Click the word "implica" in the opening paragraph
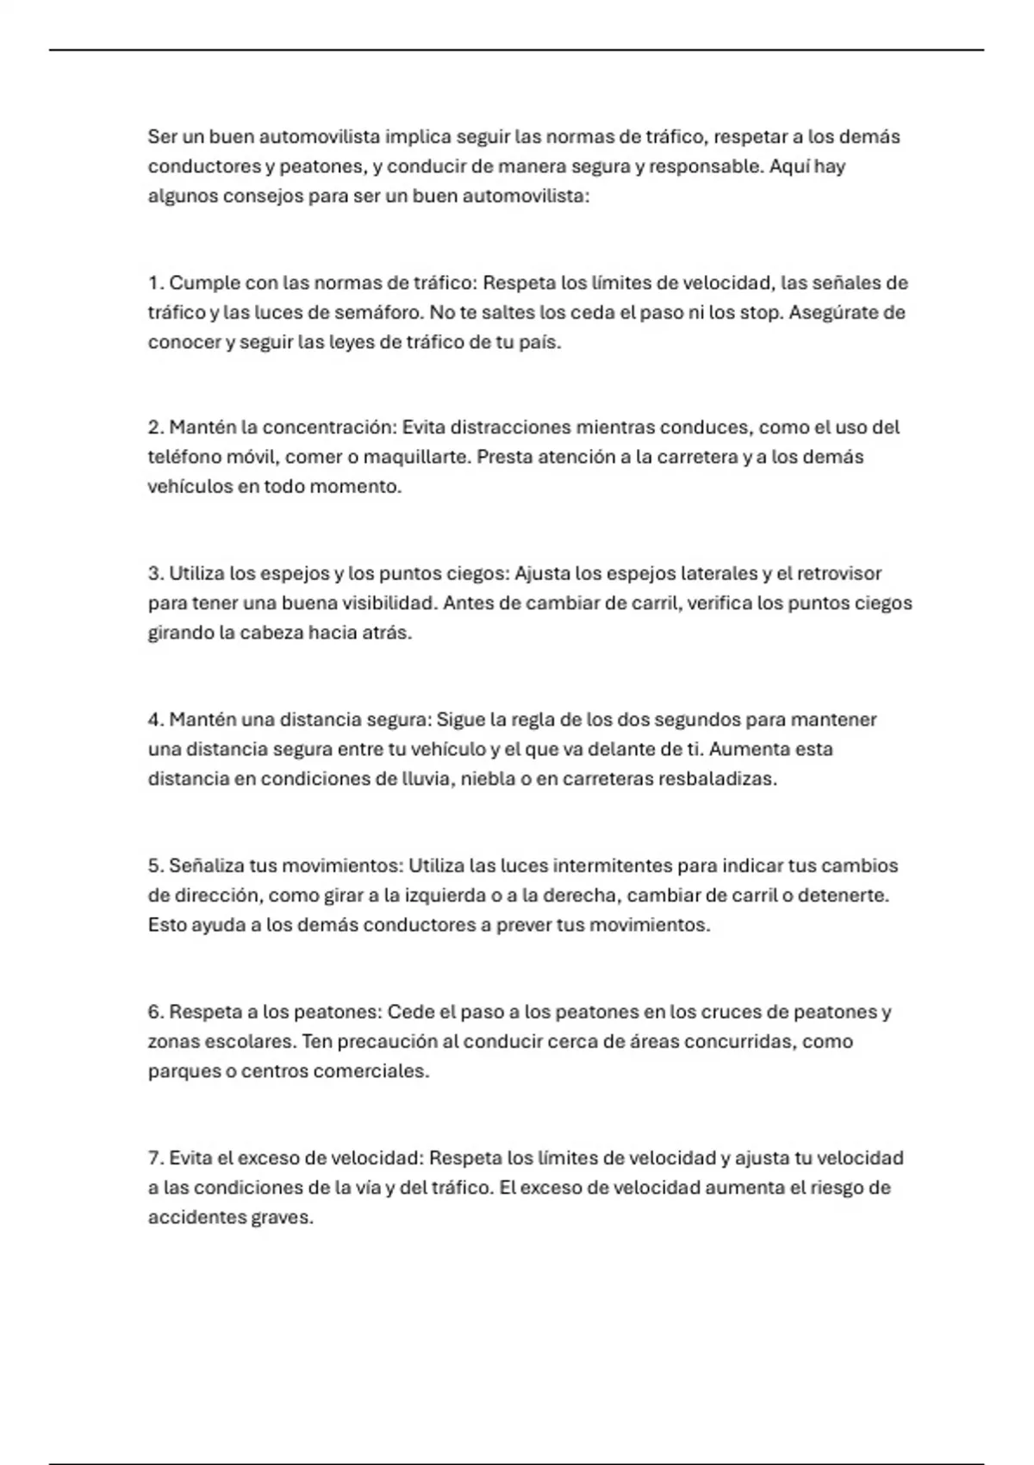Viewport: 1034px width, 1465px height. [x=417, y=137]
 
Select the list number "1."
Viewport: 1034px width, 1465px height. [x=156, y=284]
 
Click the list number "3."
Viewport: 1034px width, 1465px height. [x=156, y=574]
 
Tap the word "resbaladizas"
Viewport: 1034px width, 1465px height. [x=717, y=779]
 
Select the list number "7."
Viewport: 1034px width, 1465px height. [x=156, y=1158]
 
